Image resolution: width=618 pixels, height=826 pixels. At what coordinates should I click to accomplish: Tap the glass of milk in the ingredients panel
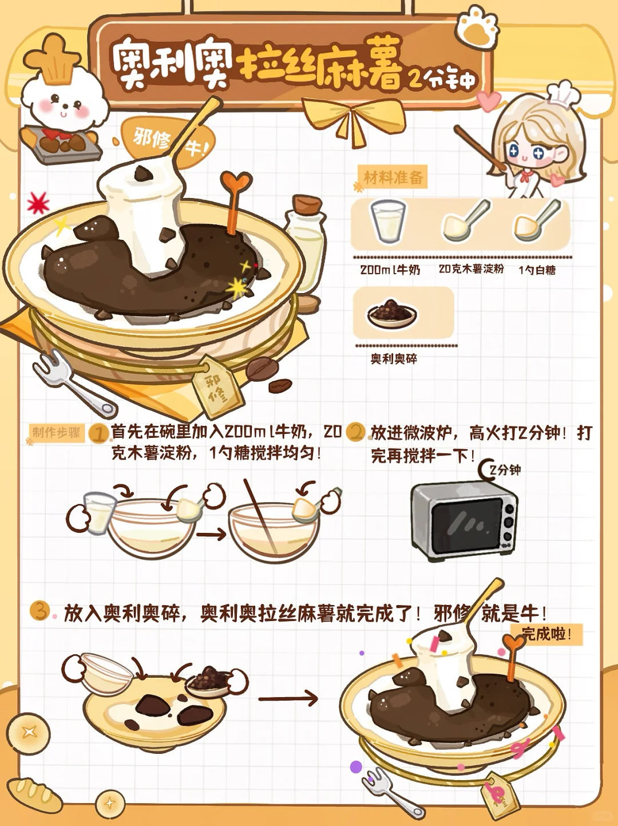tap(388, 221)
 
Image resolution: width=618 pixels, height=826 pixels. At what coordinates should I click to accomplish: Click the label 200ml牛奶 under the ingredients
tap(390, 270)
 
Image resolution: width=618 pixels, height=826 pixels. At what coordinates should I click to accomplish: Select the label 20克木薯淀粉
tap(471, 269)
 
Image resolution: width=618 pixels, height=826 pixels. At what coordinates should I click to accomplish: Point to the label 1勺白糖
tap(537, 270)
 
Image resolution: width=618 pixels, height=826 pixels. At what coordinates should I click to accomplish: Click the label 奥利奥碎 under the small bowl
tap(394, 359)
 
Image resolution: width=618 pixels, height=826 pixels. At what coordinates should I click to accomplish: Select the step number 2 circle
tap(355, 432)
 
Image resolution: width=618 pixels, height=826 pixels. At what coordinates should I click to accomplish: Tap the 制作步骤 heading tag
tap(57, 433)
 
